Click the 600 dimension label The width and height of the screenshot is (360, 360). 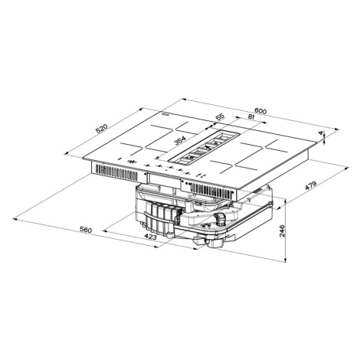260,111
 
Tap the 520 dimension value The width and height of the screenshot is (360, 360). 102,129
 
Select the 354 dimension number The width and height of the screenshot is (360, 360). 180,140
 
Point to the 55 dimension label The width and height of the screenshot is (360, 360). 220,117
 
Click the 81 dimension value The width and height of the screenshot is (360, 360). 251,117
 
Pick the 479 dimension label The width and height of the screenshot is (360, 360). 311,185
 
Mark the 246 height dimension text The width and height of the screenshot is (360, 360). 282,231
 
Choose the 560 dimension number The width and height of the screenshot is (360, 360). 86,230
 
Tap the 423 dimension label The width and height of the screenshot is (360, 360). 150,237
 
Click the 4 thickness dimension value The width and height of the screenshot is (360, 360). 321,133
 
